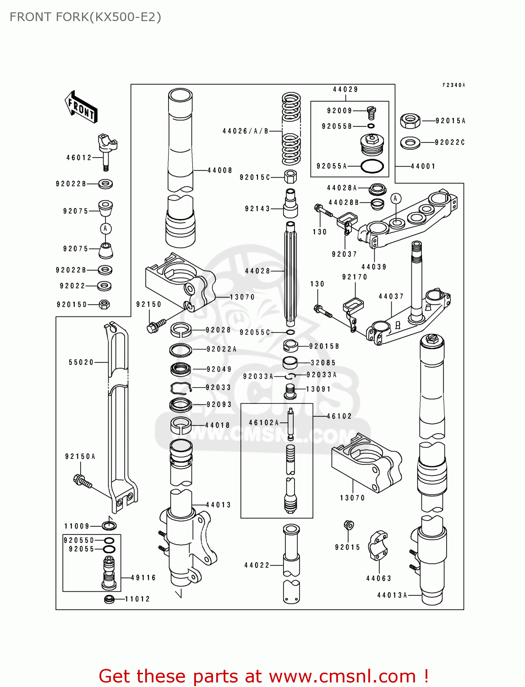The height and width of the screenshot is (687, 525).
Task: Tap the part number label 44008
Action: point(220,170)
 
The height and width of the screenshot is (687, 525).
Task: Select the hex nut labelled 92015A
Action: point(410,121)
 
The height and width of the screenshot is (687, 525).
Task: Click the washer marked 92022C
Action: point(410,143)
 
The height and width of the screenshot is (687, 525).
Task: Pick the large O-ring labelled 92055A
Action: point(372,166)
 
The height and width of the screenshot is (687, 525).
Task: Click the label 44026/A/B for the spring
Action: point(246,131)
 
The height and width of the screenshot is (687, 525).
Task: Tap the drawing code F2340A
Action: point(454,85)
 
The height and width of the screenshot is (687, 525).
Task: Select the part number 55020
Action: point(81,362)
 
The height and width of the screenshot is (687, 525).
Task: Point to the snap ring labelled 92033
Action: point(180,388)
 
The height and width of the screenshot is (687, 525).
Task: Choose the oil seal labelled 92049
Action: point(180,369)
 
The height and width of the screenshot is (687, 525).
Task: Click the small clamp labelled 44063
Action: point(378,545)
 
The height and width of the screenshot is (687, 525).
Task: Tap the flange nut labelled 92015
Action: point(348,525)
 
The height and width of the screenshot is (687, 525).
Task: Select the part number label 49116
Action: point(143,578)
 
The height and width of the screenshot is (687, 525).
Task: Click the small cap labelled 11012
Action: point(109,599)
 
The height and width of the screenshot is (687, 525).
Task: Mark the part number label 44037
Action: point(391,296)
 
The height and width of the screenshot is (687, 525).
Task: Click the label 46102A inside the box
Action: point(264,422)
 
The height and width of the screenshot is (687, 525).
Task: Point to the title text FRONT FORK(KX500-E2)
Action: point(85,17)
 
